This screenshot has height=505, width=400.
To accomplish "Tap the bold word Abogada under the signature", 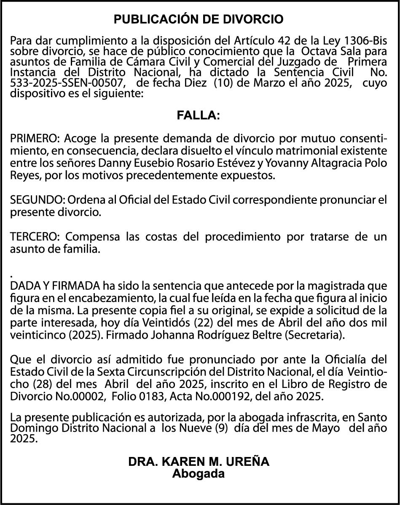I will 199,473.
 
